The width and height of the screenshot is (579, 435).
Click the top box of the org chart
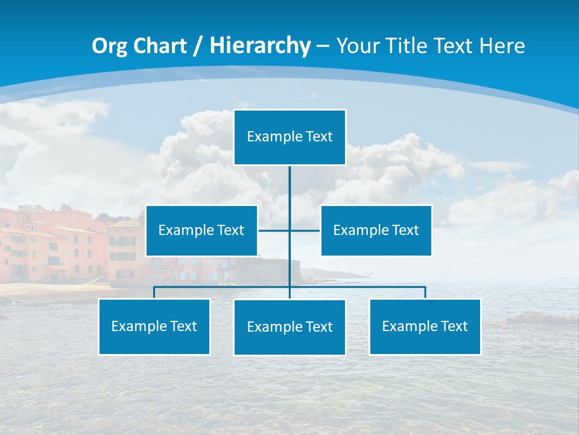click(289, 137)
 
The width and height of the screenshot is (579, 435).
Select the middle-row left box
click(201, 230)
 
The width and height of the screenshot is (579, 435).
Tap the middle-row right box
click(376, 230)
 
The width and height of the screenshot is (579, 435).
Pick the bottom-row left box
click(154, 326)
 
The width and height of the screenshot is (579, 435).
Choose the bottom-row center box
click(289, 327)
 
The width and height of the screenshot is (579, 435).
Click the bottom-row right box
click(425, 326)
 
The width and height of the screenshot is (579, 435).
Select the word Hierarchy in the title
click(259, 46)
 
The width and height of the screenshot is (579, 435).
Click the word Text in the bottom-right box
click(454, 326)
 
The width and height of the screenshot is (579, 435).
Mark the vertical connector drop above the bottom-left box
click(154, 292)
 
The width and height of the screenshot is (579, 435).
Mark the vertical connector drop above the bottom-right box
click(425, 292)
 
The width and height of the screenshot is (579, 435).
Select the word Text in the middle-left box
click(230, 230)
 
